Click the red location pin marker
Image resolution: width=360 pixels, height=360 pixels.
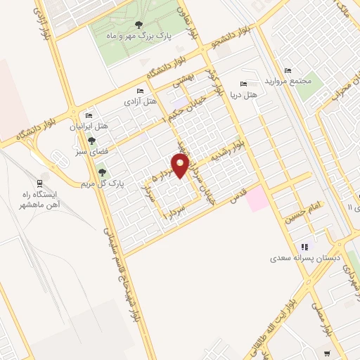pos(181,167)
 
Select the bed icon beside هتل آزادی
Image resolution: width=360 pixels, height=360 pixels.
pos(140,91)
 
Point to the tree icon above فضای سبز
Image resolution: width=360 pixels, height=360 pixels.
pos(91,141)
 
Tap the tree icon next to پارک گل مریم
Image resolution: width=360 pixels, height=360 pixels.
pos(102,172)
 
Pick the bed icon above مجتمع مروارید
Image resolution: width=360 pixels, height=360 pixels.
pos(287,70)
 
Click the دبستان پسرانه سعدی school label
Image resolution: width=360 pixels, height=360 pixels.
pos(305,258)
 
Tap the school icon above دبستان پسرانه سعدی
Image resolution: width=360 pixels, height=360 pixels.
pos(304,247)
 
